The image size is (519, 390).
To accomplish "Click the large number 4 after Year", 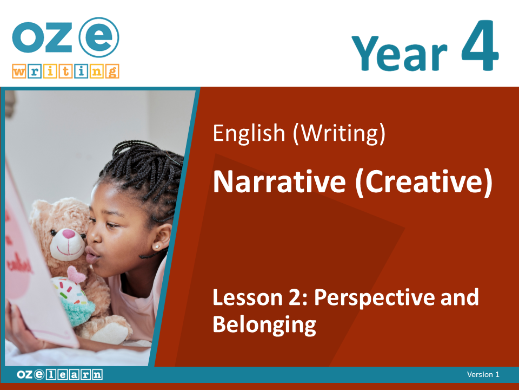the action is pyautogui.click(x=480, y=45).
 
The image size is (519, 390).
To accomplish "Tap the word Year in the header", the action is pyautogui.click(x=400, y=53).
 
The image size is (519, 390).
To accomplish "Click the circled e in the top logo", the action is pyautogui.click(x=99, y=37).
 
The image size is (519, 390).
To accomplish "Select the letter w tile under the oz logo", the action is pyautogui.click(x=19, y=71).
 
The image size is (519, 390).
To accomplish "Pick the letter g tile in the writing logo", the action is pyautogui.click(x=112, y=71).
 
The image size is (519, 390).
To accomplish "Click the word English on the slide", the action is pyautogui.click(x=249, y=133).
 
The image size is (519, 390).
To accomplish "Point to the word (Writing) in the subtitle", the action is pyautogui.click(x=340, y=133).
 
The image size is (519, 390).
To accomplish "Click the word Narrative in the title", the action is pyautogui.click(x=280, y=182).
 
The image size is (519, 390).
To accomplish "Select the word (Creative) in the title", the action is pyautogui.click(x=424, y=183).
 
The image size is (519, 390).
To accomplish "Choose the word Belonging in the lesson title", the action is pyautogui.click(x=264, y=325).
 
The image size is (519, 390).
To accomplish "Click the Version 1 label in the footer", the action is pyautogui.click(x=483, y=374).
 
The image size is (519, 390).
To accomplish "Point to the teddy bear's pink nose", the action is pyautogui.click(x=69, y=234).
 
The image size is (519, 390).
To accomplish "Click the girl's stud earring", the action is pyautogui.click(x=157, y=246).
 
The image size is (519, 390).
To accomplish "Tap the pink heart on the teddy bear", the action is pyautogui.click(x=76, y=274).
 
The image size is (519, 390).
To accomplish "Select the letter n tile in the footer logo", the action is pyautogui.click(x=97, y=375).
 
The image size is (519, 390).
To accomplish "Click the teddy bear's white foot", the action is pyautogui.click(x=111, y=333).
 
